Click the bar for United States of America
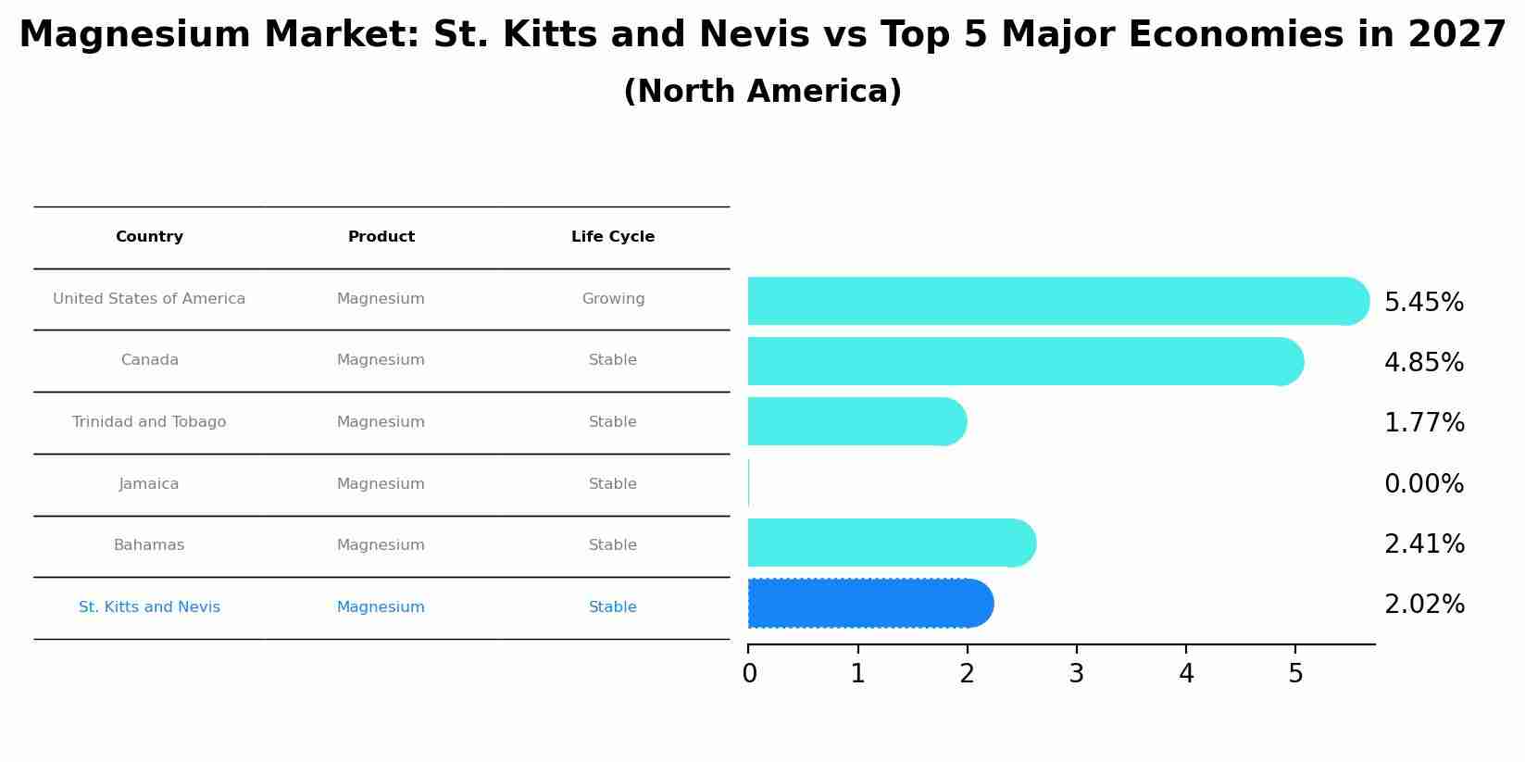point(1056,301)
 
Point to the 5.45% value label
point(1423,303)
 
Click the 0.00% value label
point(1423,484)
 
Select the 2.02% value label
point(1423,605)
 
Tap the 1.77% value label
point(1423,423)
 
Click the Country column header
point(149,237)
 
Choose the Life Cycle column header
point(612,237)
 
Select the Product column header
point(381,237)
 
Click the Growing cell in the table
point(613,299)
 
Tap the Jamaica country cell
point(149,484)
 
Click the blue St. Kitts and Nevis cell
point(149,607)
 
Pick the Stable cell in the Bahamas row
point(613,545)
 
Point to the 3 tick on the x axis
point(1076,674)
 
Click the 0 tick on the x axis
point(749,674)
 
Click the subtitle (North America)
point(762,92)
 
